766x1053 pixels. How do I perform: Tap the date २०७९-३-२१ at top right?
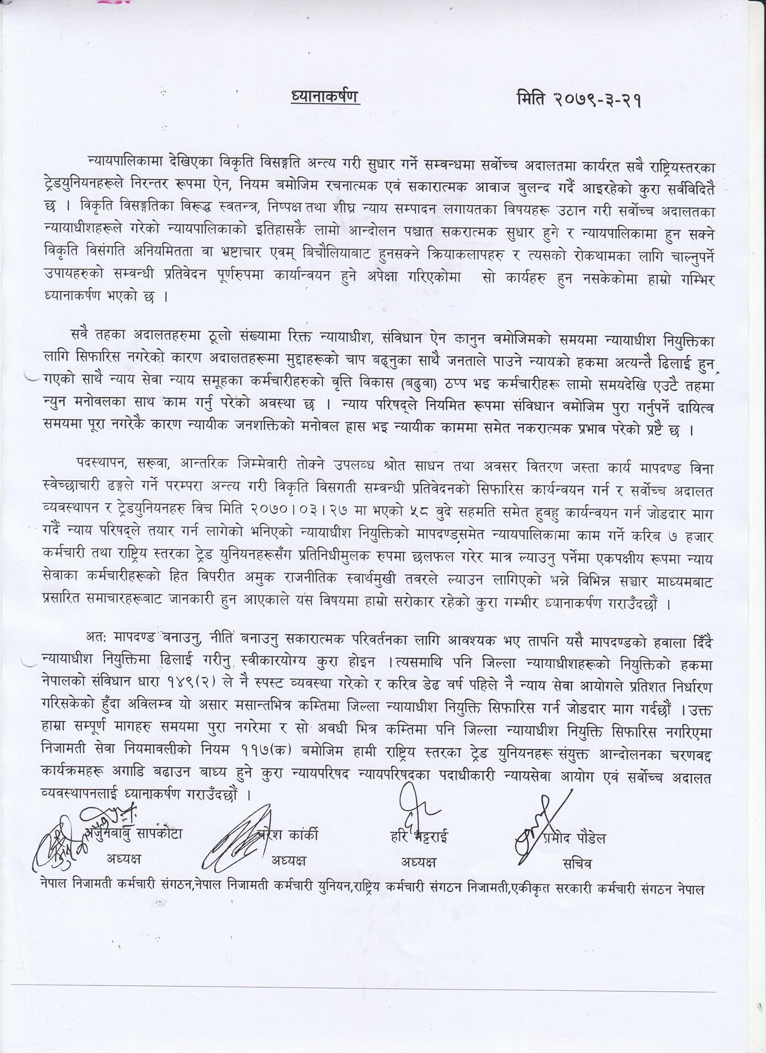(599, 99)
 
